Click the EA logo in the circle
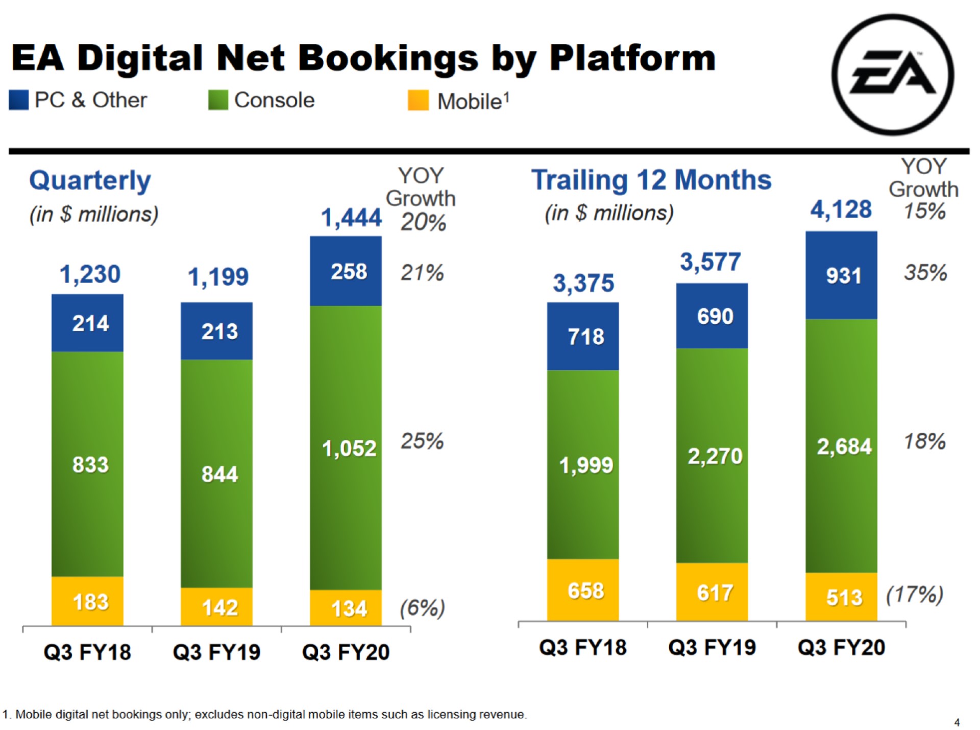pyautogui.click(x=893, y=75)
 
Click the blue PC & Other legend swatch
pyautogui.click(x=18, y=100)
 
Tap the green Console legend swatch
pyautogui.click(x=218, y=100)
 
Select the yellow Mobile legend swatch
pyautogui.click(x=418, y=100)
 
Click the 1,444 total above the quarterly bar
pyautogui.click(x=351, y=218)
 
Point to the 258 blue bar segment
pyautogui.click(x=346, y=271)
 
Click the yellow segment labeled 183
pyautogui.click(x=87, y=601)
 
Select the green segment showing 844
pyautogui.click(x=216, y=473)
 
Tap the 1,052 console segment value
pyautogui.click(x=349, y=448)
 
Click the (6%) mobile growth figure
pyautogui.click(x=422, y=608)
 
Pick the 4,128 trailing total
pyautogui.click(x=841, y=209)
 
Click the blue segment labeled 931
pyautogui.click(x=842, y=275)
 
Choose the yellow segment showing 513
pyautogui.click(x=842, y=597)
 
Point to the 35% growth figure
pyautogui.click(x=925, y=272)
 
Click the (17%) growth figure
pyautogui.click(x=914, y=595)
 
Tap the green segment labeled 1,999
pyautogui.click(x=583, y=464)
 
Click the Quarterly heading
pyautogui.click(x=90, y=180)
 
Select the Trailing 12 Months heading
pyautogui.click(x=651, y=180)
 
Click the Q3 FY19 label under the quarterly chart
pyautogui.click(x=216, y=652)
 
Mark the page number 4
pyautogui.click(x=957, y=722)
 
